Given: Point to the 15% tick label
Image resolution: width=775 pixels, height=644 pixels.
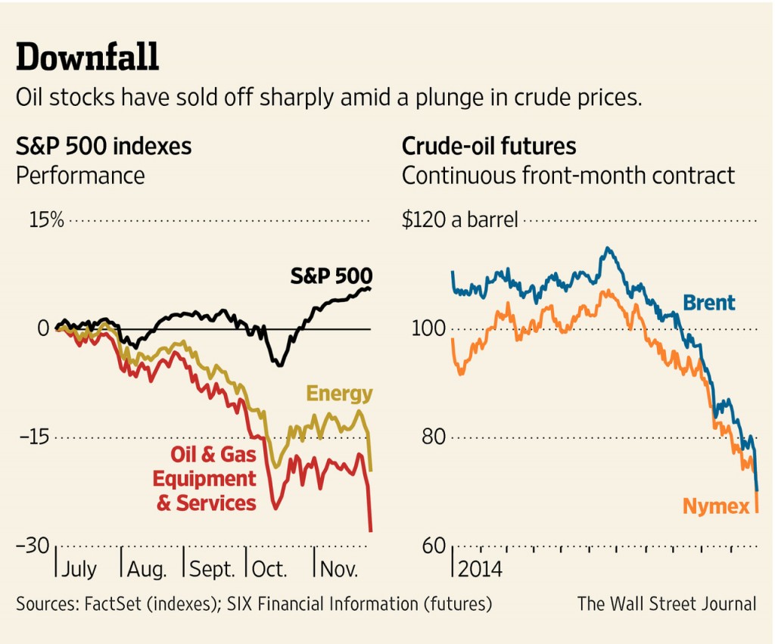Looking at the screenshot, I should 47,220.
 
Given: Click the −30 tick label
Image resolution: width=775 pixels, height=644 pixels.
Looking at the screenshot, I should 35,546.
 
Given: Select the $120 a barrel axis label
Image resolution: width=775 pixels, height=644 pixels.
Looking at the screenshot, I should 459,220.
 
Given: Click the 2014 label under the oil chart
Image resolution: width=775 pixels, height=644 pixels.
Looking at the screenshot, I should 480,569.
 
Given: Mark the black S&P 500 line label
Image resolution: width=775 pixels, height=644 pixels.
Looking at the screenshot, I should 331,275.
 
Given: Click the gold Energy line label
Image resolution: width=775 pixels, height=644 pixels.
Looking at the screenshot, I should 339,394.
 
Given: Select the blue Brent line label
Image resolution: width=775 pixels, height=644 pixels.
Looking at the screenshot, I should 708,303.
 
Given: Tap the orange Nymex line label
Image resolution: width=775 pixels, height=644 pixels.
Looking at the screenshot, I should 716,506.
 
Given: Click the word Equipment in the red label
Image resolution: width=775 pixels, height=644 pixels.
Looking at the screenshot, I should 204,479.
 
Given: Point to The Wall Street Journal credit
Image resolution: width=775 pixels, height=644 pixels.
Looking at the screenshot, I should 667,604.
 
